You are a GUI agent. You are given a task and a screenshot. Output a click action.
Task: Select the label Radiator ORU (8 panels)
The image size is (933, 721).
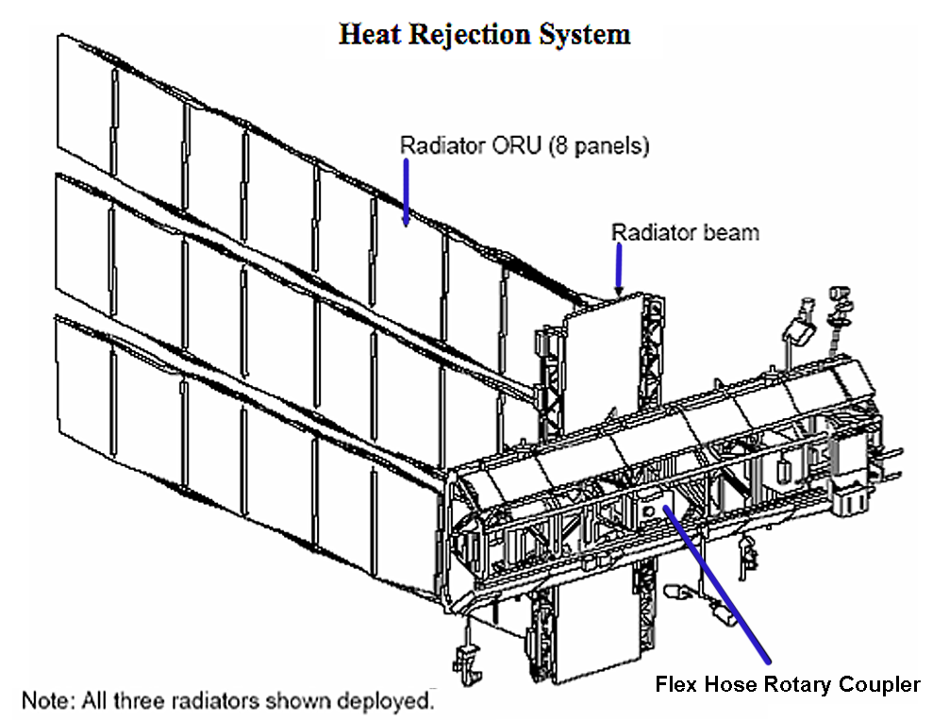coord(525,146)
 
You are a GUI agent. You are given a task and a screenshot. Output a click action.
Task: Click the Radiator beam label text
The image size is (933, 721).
coord(685,231)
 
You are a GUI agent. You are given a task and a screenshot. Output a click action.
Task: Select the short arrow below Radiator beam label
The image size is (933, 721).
coord(619,268)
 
